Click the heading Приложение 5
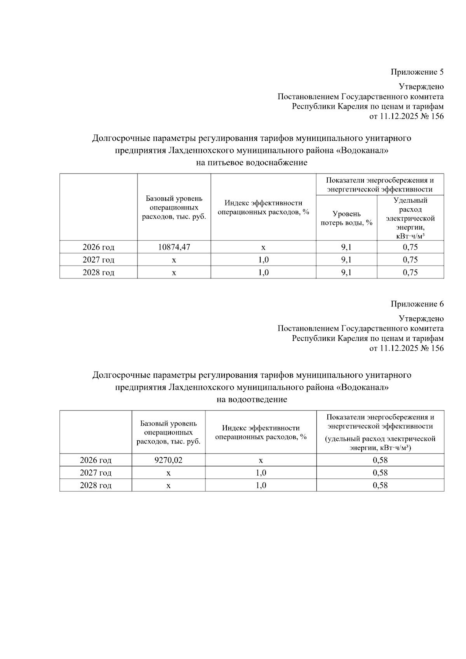click(x=417, y=72)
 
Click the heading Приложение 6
click(x=417, y=304)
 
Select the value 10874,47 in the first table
click(x=174, y=247)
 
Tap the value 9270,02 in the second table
click(x=168, y=460)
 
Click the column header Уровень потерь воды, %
click(x=346, y=218)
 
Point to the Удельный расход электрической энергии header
click(x=410, y=218)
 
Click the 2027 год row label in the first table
click(x=98, y=260)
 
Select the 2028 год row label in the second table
click(x=96, y=485)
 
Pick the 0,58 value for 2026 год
click(x=380, y=460)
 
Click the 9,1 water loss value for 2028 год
click(x=346, y=273)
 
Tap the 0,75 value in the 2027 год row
click(x=410, y=260)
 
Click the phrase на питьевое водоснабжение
click(x=252, y=162)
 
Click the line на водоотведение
click(x=252, y=399)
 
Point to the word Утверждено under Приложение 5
click(x=421, y=87)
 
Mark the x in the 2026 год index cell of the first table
click(x=263, y=247)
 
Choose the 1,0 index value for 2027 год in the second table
click(x=261, y=473)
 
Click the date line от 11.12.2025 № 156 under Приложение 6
click(x=406, y=348)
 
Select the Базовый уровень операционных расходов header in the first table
click(x=174, y=207)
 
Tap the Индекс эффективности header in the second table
click(x=261, y=432)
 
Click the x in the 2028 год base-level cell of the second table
click(x=168, y=486)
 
